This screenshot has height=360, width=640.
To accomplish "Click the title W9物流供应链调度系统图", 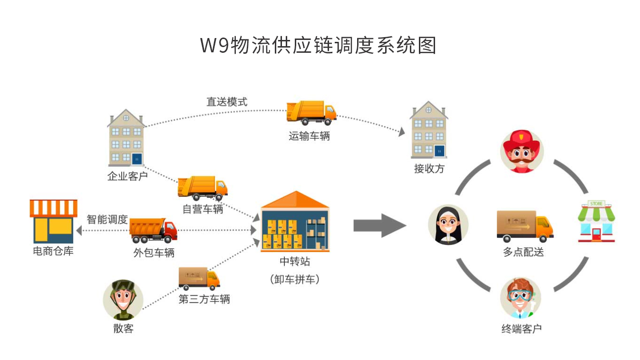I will click(318, 45).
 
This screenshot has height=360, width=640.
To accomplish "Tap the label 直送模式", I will click(227, 102).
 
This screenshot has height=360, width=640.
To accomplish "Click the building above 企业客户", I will click(126, 138).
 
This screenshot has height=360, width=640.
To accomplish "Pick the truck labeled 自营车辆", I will click(203, 188).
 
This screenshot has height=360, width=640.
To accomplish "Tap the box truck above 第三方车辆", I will click(199, 279).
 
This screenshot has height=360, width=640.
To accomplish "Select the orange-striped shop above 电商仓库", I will click(53, 221).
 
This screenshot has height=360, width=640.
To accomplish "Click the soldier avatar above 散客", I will click(123, 300).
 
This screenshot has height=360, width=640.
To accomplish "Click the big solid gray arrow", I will click(379, 225).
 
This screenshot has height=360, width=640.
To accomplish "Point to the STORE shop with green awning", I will click(596, 221).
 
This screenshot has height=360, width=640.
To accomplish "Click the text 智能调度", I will click(107, 219).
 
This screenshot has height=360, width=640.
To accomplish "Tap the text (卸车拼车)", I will click(294, 279).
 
